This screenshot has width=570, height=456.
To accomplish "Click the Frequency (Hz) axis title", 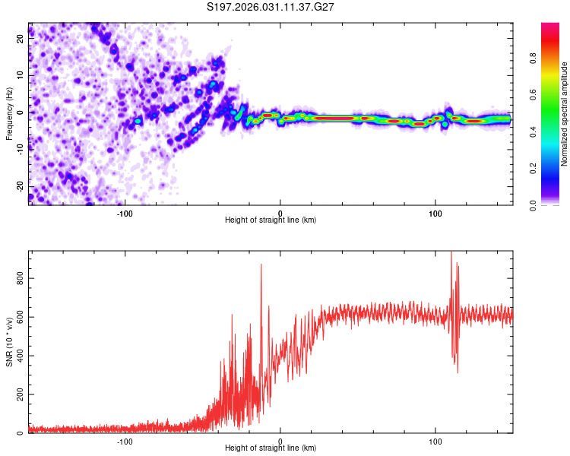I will (9, 114).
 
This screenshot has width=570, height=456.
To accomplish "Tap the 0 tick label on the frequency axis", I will (21, 112).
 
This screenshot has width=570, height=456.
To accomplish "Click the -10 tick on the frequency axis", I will (21, 149).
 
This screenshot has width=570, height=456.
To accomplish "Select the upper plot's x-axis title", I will (271, 220).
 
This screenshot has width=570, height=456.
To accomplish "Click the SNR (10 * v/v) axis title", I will (9, 342).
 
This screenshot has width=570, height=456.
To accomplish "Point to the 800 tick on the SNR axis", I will (21, 278).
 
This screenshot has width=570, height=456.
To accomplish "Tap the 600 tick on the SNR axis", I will (21, 317).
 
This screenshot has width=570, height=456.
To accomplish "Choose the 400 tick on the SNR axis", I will (21, 356).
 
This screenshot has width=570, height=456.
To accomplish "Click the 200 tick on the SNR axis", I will (21, 394).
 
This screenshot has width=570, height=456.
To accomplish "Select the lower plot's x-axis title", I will (271, 448).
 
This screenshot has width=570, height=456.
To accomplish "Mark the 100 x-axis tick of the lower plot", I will (435, 441).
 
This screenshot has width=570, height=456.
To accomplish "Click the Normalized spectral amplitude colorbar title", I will (564, 114).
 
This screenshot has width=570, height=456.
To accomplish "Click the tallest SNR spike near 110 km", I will (451, 254).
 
